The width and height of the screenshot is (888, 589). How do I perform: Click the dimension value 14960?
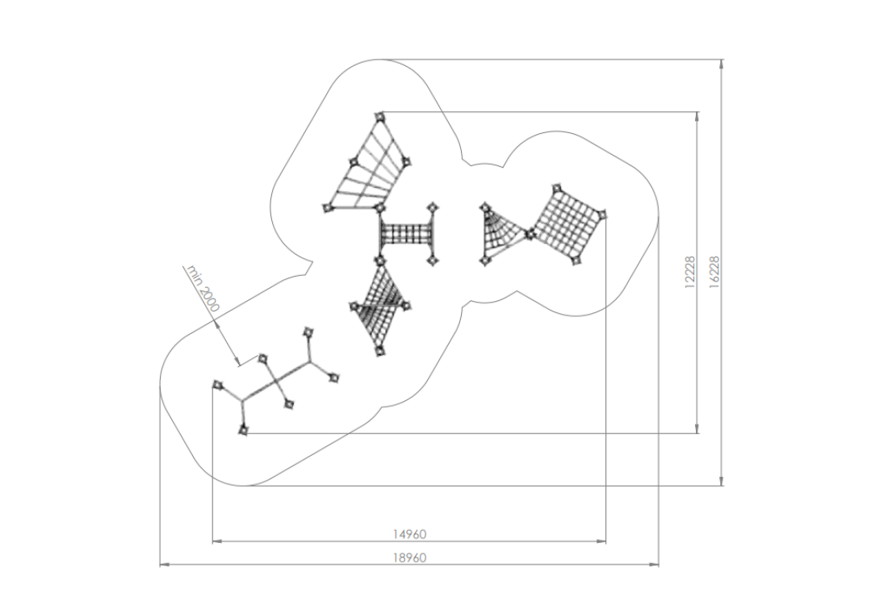(409, 533)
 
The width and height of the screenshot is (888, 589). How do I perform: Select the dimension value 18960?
(409, 557)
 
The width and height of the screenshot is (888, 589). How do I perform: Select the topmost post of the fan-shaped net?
(379, 118)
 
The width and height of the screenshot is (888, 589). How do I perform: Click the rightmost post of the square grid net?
(601, 214)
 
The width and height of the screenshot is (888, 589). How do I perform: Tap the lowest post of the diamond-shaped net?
(379, 349)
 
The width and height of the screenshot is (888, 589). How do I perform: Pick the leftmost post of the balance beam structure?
(216, 386)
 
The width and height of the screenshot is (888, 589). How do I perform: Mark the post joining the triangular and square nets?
(530, 234)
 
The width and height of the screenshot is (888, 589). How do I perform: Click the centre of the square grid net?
(567, 223)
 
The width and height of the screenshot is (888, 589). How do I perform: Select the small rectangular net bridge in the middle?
(407, 234)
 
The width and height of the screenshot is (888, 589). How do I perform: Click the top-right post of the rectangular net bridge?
(434, 207)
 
